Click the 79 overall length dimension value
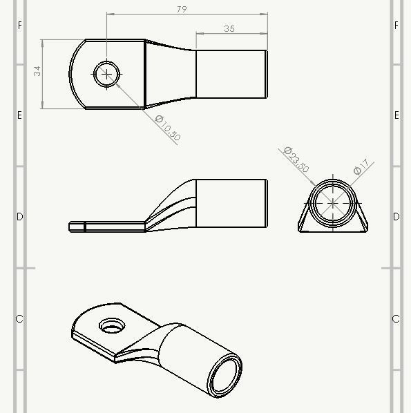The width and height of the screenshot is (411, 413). click(182, 9)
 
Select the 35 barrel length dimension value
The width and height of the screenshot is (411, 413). click(230, 28)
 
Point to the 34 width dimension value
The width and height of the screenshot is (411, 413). click(37, 71)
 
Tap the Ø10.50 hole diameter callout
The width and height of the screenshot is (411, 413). click(168, 128)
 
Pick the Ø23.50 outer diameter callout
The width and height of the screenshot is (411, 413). click(296, 159)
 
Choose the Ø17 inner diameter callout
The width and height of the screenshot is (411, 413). click(363, 167)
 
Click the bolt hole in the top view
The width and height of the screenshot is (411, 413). click(107, 74)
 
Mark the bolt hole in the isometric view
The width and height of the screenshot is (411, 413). click(109, 325)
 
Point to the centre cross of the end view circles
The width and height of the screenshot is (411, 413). click(334, 203)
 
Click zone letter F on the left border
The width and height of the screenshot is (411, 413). click(19, 26)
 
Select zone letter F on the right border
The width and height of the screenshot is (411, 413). click(396, 26)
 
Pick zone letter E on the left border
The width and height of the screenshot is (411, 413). click(19, 115)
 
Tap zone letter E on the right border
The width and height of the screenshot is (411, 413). click(396, 115)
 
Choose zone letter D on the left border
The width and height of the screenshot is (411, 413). click(19, 217)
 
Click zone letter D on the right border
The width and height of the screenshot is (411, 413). click(396, 217)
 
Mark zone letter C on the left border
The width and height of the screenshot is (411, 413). click(19, 319)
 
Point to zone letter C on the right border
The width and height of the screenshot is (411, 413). click(396, 319)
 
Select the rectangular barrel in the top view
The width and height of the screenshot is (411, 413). click(231, 74)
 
